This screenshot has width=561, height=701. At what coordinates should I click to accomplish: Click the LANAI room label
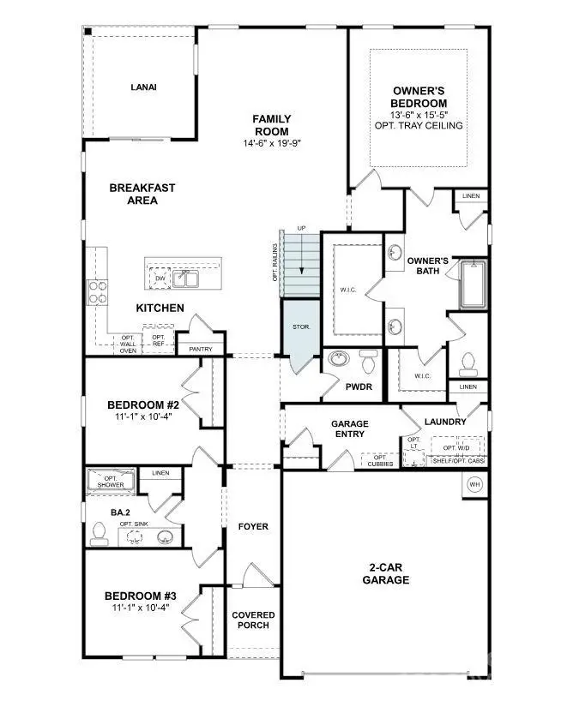click(x=143, y=87)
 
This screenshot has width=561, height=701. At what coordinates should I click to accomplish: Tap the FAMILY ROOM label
click(x=271, y=125)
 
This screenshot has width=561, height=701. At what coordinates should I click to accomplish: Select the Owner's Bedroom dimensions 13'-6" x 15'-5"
click(x=418, y=113)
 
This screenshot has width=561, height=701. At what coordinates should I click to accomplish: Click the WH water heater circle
click(x=474, y=484)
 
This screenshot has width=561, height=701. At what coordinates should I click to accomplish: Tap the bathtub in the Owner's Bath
click(x=473, y=285)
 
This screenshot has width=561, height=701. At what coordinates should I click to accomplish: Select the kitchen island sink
click(x=186, y=278)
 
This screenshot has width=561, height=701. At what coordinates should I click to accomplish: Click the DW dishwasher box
click(x=160, y=278)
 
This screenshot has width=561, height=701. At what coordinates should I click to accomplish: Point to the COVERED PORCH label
click(x=253, y=620)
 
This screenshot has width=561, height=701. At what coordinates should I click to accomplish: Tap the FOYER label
click(x=253, y=526)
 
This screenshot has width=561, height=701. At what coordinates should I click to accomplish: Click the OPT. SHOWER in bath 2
click(x=110, y=481)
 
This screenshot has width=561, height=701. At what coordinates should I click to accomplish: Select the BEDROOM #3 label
click(x=141, y=596)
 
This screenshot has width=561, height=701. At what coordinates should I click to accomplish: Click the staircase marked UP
click(x=300, y=261)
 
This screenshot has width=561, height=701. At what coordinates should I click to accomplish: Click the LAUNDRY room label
click(x=445, y=422)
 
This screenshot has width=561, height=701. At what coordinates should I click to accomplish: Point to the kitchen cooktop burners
click(x=97, y=293)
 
